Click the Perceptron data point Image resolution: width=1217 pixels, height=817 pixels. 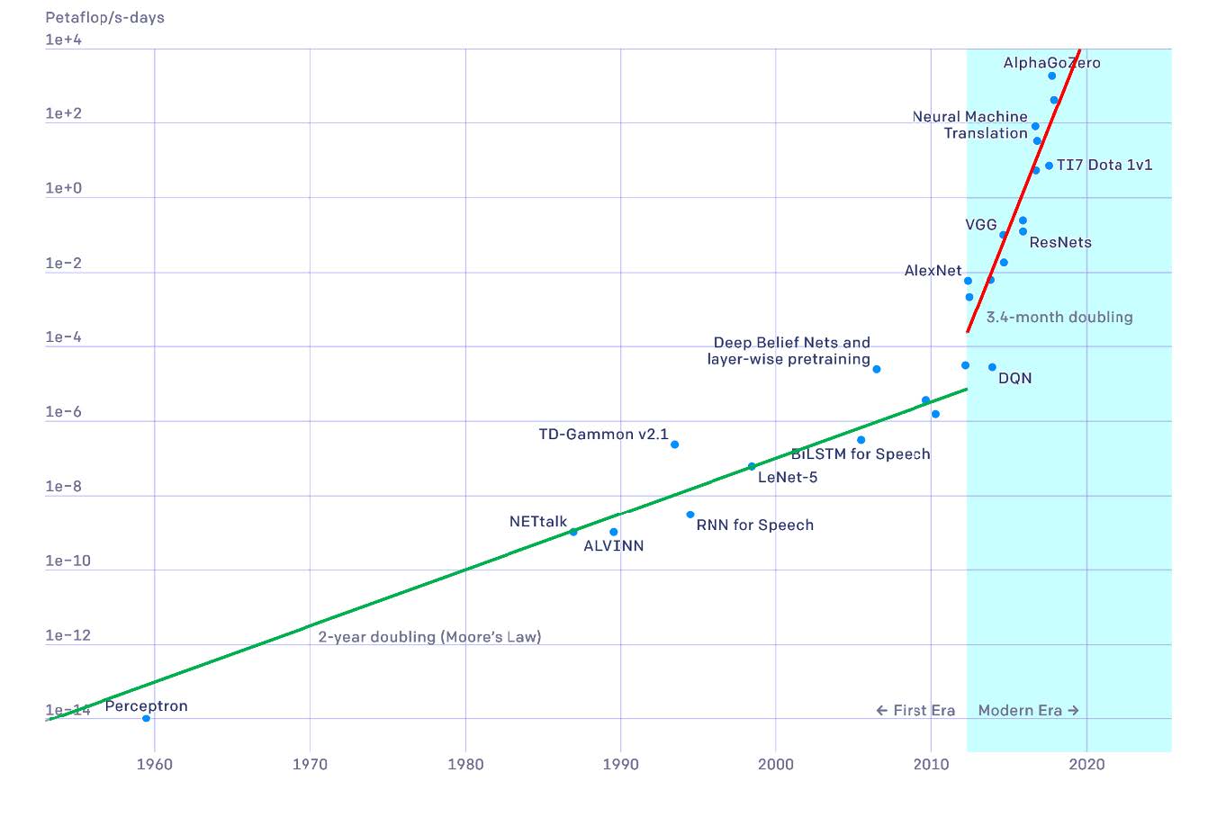coord(146,718)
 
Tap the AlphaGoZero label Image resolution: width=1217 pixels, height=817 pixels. coord(1051,63)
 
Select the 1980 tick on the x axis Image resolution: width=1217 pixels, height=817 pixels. coord(465,765)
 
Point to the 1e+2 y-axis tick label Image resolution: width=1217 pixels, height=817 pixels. coord(64,113)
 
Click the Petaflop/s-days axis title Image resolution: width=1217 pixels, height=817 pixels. coord(104,17)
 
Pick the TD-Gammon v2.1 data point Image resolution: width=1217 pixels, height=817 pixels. coord(674,444)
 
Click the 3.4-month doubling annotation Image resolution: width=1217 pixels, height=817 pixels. coord(1059,317)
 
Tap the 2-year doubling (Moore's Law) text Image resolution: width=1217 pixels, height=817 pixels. coord(429,637)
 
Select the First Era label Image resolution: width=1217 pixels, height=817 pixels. coord(915,711)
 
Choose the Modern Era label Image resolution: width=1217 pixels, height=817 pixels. coord(1028,711)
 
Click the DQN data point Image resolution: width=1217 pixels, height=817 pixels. coord(992,367)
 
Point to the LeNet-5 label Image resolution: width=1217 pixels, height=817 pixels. coord(788,478)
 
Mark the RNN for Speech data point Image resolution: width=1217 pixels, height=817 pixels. coord(690,515)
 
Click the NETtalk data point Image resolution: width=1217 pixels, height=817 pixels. coord(573,532)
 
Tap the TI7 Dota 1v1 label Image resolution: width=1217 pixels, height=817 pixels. coord(1104,166)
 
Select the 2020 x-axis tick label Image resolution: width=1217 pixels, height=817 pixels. coord(1086,765)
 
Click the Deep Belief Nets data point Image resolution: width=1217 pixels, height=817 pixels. coord(877,369)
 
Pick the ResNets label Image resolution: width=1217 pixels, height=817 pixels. coord(1060,242)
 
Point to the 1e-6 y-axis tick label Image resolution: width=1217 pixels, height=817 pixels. coord(64,412)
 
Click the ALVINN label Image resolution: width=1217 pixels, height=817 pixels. coord(613,546)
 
